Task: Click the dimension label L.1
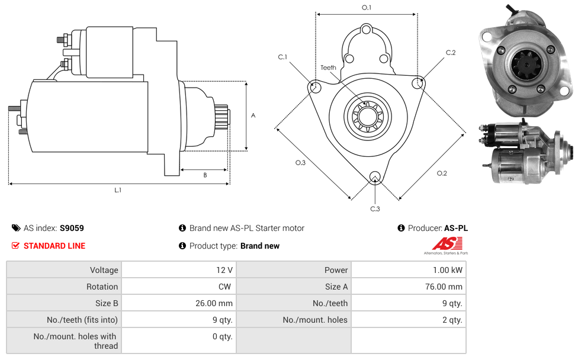coord(118,190)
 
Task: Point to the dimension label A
coord(253,115)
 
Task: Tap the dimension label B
coord(205,175)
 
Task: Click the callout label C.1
coord(282,57)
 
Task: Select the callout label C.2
coord(451,53)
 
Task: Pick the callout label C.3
coord(375,208)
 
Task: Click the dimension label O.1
coord(367,8)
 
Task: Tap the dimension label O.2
coord(442,173)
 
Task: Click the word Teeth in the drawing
coord(328,67)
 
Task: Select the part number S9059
coord(72,228)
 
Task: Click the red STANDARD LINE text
coord(54,246)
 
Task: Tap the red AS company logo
coord(447,243)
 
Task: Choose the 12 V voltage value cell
coord(224,270)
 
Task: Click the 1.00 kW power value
coord(451,270)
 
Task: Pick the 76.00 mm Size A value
coord(448,287)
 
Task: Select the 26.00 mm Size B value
coord(217,303)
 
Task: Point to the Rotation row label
coord(102,287)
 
